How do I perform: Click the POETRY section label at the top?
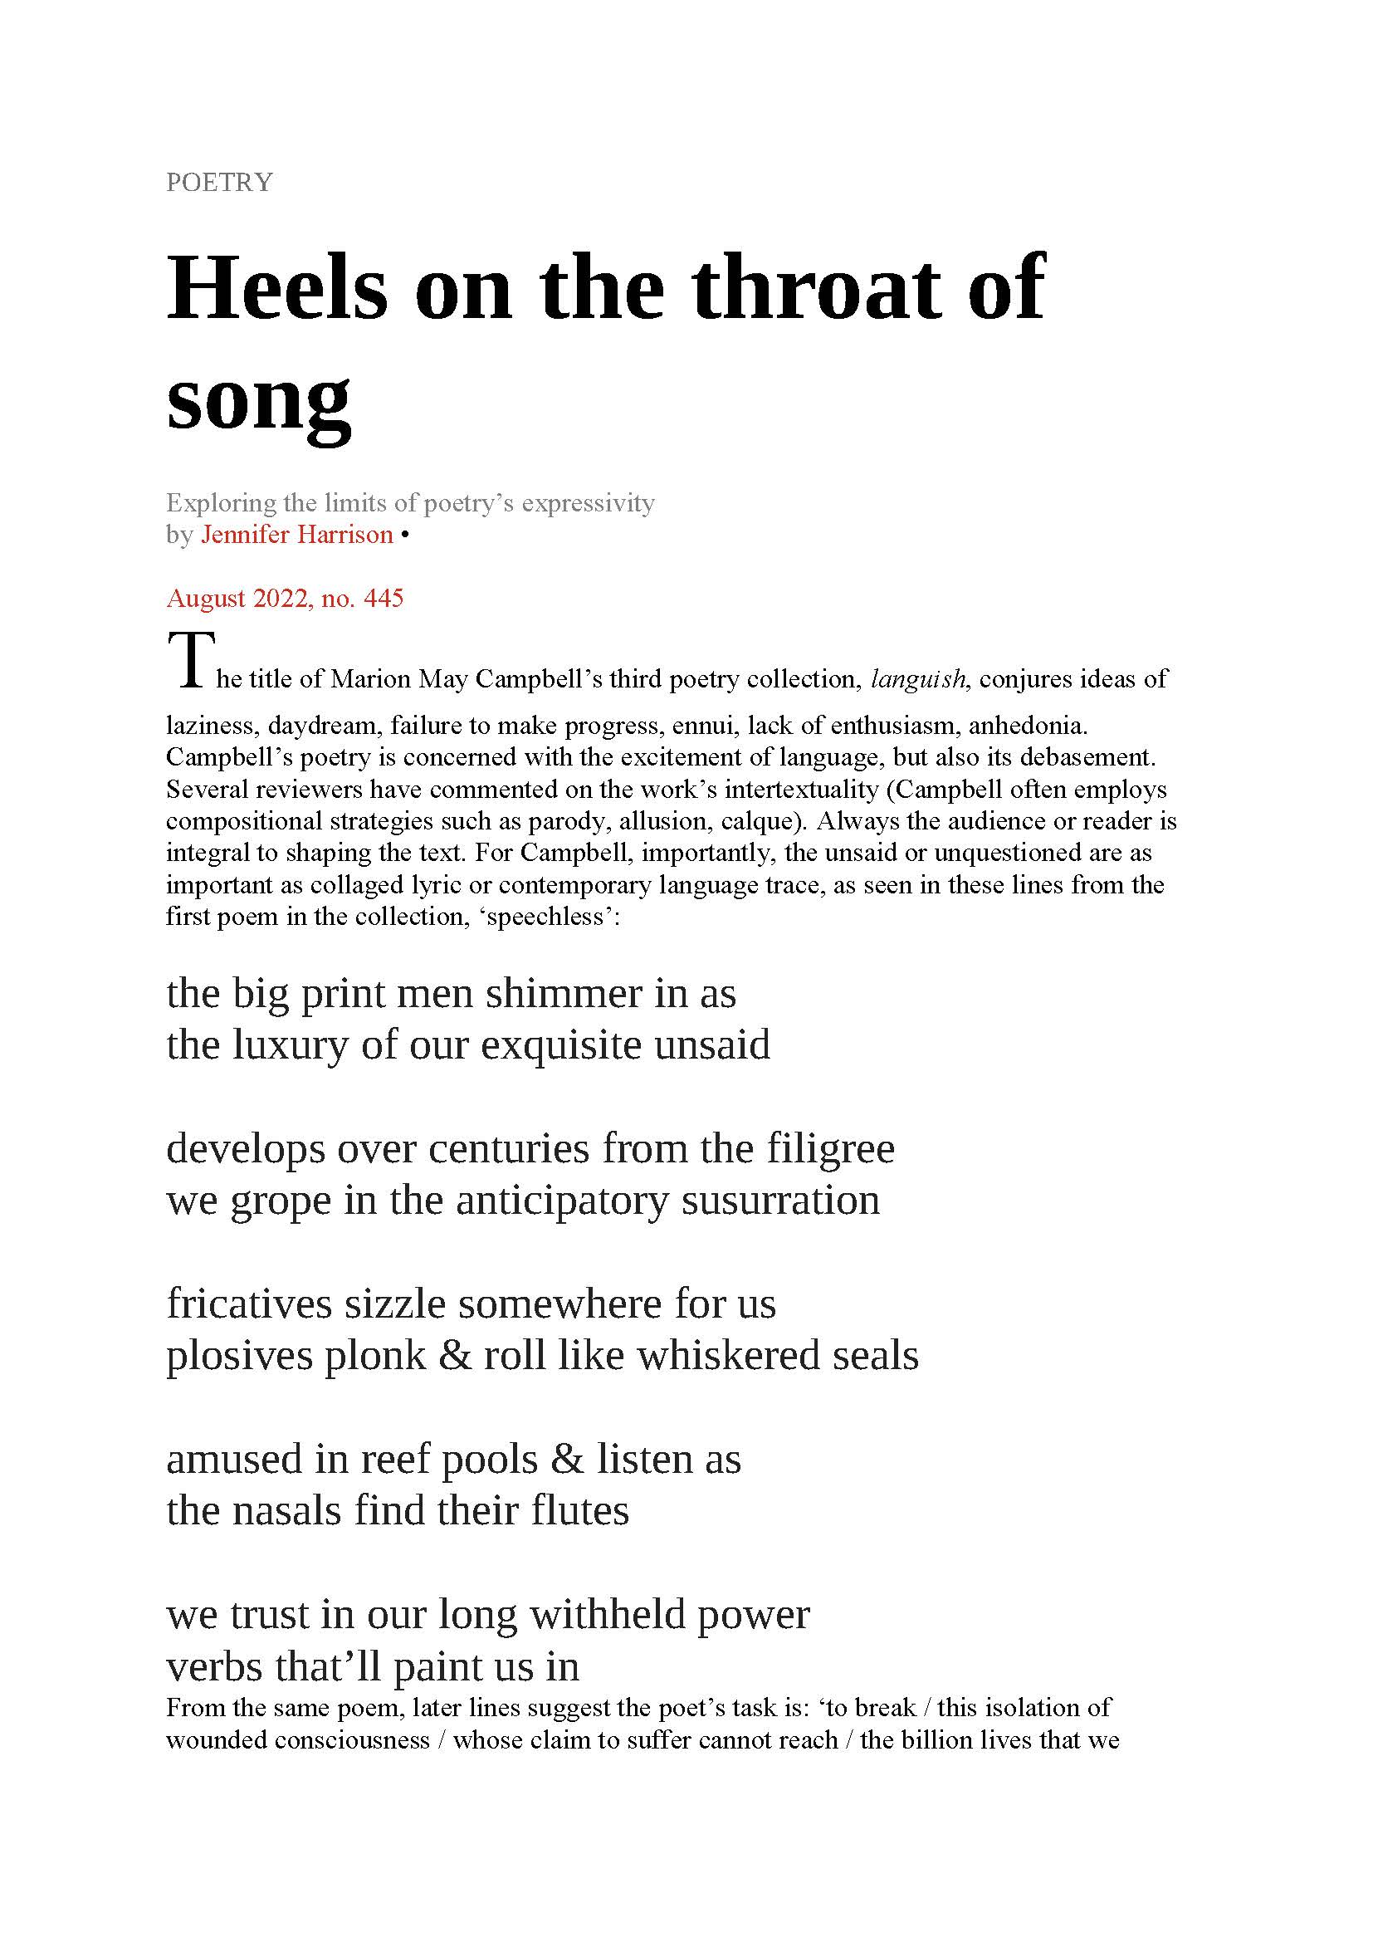click(x=219, y=182)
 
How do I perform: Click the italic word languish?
click(x=918, y=678)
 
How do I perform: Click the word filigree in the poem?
click(x=830, y=1148)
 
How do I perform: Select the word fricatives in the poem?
click(x=249, y=1304)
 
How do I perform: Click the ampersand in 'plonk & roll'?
click(x=455, y=1356)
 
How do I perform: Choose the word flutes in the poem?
click(x=580, y=1510)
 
